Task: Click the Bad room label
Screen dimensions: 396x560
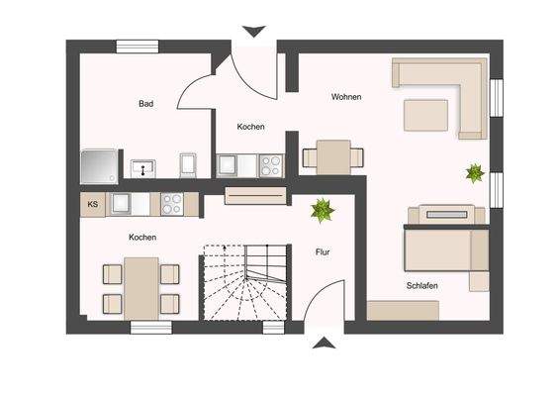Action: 145,103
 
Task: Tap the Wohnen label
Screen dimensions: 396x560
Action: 346,97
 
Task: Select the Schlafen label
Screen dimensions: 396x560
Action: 421,285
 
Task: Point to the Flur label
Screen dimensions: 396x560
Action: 323,252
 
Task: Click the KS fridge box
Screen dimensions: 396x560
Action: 93,205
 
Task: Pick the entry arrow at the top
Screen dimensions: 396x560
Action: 254,31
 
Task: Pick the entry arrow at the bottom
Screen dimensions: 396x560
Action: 324,344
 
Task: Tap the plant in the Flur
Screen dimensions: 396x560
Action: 321,210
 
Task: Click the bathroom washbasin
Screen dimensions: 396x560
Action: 144,167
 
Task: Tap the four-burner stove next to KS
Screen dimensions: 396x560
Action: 171,205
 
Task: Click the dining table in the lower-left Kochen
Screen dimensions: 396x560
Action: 141,287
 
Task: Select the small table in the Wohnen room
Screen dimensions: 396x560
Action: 330,155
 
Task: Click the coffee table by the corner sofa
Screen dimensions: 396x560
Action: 426,116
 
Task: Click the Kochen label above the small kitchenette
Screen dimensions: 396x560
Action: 250,128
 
